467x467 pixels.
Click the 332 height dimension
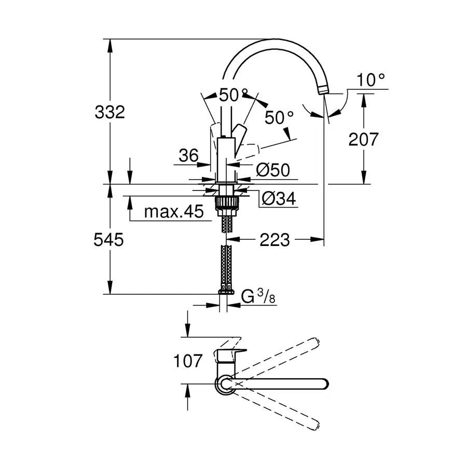pyautogui.click(x=109, y=112)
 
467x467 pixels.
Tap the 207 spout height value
pyautogui.click(x=363, y=139)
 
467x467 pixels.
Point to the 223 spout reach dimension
pyautogui.click(x=274, y=240)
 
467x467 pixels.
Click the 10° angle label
pyautogui.click(x=372, y=80)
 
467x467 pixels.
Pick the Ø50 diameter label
pyautogui.click(x=272, y=170)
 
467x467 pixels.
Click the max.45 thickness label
pyautogui.click(x=173, y=212)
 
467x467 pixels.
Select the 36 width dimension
pyautogui.click(x=189, y=156)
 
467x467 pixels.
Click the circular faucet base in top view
pyautogui.click(x=224, y=383)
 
